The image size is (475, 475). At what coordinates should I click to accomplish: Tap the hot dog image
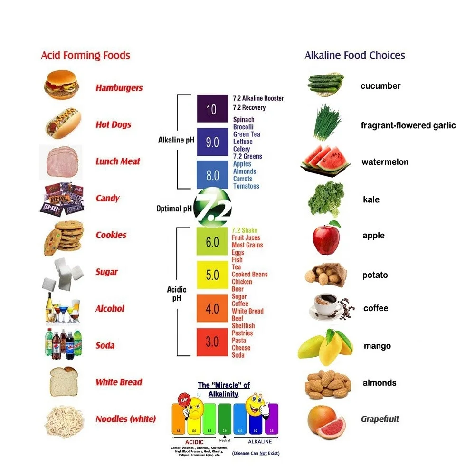tap(62, 123)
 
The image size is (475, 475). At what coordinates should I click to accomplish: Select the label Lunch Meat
tap(118, 161)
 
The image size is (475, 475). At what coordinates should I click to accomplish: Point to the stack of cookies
tap(64, 236)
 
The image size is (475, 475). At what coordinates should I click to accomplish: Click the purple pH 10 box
tap(212, 109)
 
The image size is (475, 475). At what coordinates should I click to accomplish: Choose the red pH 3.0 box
tap(212, 342)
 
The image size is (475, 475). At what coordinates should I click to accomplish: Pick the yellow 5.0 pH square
tap(212, 275)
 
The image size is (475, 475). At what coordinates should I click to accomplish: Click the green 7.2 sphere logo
tap(212, 208)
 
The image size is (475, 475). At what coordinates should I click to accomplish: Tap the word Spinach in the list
tap(244, 120)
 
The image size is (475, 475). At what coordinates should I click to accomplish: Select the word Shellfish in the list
tap(243, 326)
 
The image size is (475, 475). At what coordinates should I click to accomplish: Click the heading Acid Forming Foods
tap(85, 56)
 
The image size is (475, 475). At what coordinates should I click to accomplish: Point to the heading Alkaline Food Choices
tap(355, 56)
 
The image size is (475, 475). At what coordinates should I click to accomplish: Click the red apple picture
tap(326, 237)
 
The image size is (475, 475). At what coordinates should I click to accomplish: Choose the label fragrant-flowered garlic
tap(408, 125)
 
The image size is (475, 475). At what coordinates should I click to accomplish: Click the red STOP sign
tap(183, 400)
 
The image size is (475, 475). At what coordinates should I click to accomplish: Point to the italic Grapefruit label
tap(380, 419)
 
